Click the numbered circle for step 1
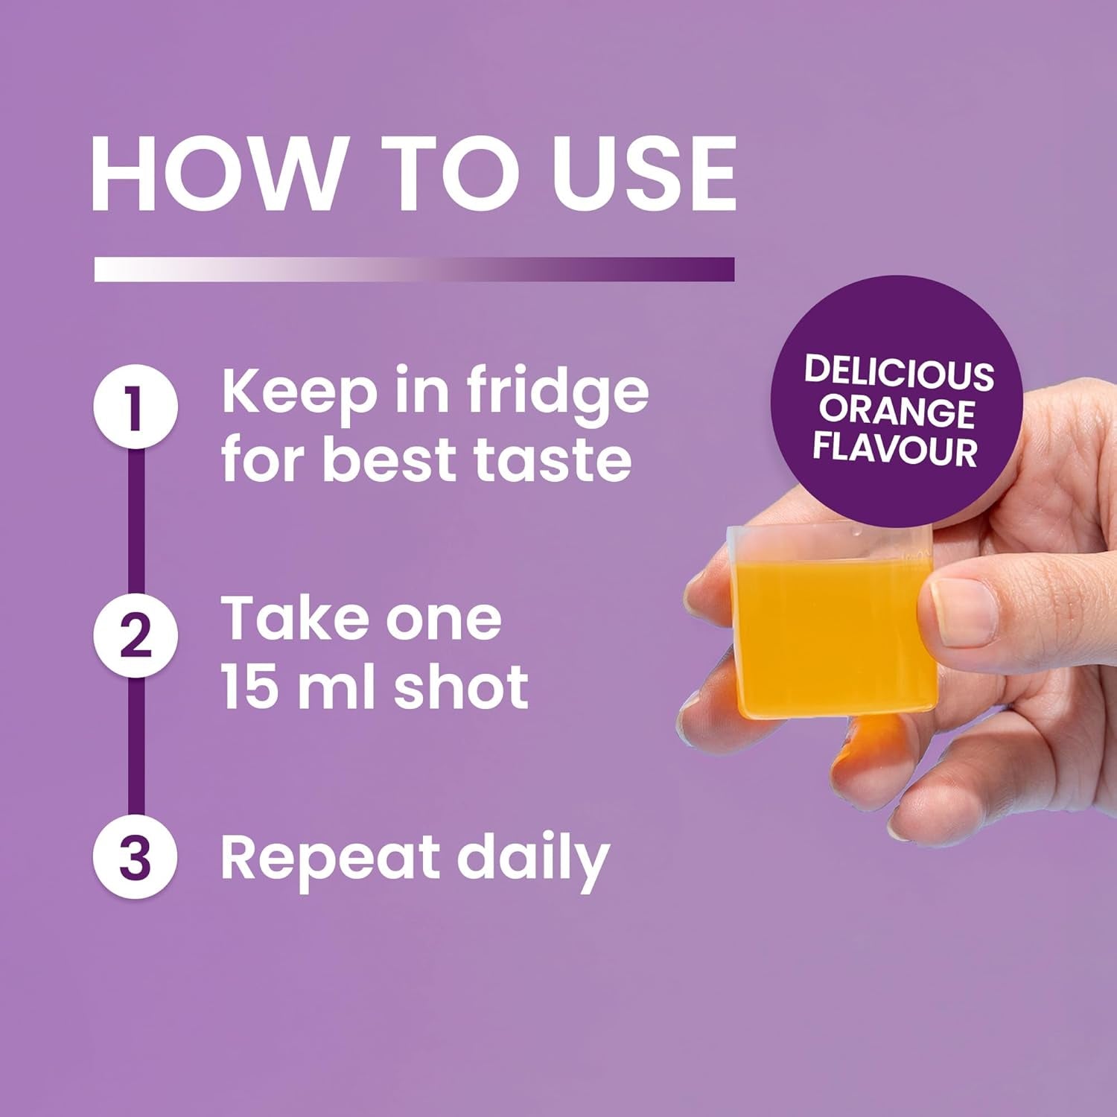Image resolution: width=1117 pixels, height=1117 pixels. click(136, 407)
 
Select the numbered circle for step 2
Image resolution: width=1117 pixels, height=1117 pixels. click(136, 635)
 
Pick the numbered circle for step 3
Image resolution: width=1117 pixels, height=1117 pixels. click(136, 858)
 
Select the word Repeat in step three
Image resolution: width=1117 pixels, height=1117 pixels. click(331, 859)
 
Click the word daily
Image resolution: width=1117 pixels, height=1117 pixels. click(533, 859)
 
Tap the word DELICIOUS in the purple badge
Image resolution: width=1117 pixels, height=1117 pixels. click(899, 373)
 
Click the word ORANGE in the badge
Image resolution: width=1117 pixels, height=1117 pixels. click(897, 412)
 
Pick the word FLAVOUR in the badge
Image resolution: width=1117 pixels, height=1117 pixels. click(894, 450)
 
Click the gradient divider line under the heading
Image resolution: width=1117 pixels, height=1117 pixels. click(414, 270)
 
